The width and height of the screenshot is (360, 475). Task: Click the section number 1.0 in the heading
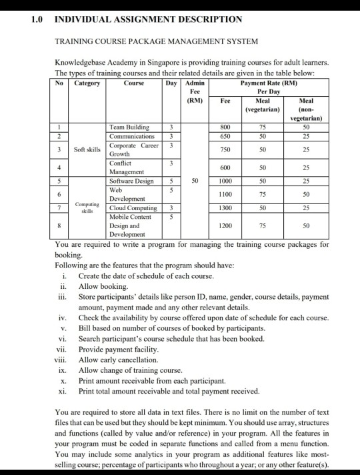(x=37, y=19)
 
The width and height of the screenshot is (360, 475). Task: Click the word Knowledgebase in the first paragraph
(x=82, y=62)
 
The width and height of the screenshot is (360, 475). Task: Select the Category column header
(x=87, y=83)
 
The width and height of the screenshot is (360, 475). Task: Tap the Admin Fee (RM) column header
(x=195, y=91)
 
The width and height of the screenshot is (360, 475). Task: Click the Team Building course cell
(x=129, y=127)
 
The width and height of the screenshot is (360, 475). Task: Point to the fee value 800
(x=225, y=127)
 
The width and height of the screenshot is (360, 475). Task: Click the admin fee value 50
(x=195, y=180)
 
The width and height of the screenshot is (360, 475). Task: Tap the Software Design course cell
(x=131, y=181)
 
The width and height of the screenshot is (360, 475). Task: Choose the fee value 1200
(x=225, y=225)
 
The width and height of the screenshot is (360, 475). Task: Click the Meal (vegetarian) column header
(x=263, y=103)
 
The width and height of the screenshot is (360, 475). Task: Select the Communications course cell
(x=132, y=135)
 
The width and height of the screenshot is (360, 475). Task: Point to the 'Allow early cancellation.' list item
(x=118, y=360)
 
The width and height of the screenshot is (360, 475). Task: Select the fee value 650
(x=225, y=135)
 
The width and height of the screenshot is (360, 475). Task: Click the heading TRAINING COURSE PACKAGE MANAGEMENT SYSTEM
(x=156, y=41)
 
